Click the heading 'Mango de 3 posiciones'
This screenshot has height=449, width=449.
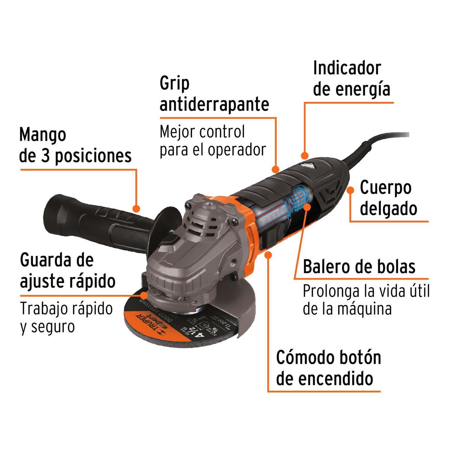click(75, 145)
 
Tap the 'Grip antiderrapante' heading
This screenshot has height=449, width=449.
click(214, 94)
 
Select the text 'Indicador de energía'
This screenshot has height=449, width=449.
click(352, 79)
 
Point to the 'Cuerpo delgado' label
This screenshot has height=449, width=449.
click(388, 198)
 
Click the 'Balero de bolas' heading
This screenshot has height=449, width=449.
click(359, 267)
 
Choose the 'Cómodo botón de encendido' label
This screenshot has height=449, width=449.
click(329, 368)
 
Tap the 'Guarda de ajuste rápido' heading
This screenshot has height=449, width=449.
click(68, 270)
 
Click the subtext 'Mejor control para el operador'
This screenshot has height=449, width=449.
click(213, 141)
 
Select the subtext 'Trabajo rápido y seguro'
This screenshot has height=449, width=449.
click(66, 317)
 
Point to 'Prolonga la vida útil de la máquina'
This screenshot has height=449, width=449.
click(366, 300)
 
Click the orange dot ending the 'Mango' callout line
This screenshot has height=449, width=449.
click(137, 208)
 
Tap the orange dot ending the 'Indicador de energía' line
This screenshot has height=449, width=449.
click(305, 155)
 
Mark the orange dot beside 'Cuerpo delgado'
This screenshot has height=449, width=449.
click(350, 190)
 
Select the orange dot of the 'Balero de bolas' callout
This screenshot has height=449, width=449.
click(307, 207)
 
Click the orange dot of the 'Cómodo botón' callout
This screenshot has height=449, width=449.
click(268, 255)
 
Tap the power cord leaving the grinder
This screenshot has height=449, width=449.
click(378, 140)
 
